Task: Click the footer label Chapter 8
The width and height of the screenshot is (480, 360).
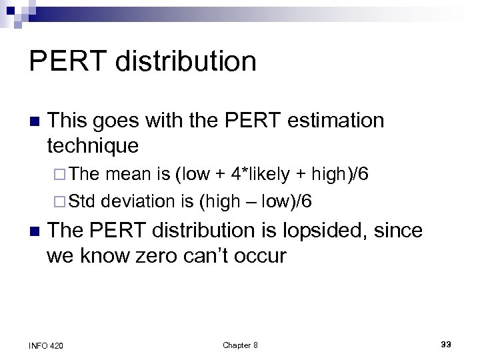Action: click(240, 345)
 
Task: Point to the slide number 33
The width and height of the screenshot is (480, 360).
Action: click(446, 344)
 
